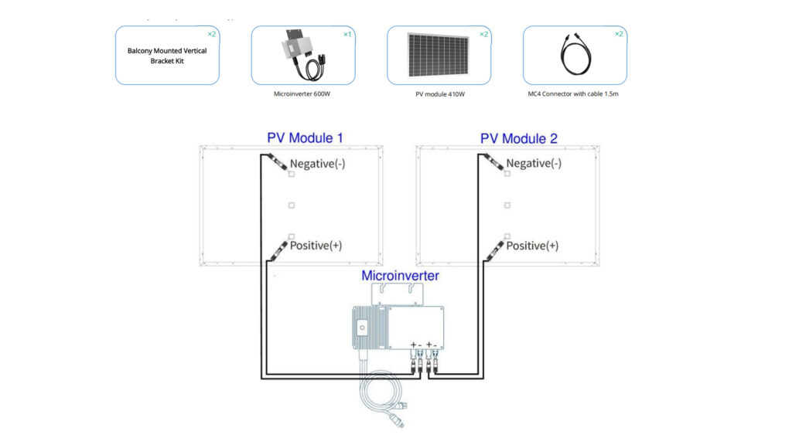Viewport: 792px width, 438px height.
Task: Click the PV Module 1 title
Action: (305, 138)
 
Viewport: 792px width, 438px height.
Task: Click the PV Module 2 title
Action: (518, 138)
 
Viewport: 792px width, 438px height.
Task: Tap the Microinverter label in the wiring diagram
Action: (401, 275)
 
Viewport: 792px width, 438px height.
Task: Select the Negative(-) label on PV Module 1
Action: (317, 164)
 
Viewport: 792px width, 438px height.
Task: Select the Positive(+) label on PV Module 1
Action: (316, 246)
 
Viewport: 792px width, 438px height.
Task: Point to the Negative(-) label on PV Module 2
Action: (533, 164)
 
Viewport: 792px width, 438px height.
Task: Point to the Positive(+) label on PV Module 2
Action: (531, 246)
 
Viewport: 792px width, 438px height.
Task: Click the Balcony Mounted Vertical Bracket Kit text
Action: (167, 56)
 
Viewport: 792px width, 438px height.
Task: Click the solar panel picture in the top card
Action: (439, 54)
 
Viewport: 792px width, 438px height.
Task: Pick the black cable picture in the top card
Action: (574, 54)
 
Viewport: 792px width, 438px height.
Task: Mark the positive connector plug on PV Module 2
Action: (491, 249)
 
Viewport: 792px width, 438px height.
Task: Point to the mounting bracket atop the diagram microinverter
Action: (399, 293)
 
